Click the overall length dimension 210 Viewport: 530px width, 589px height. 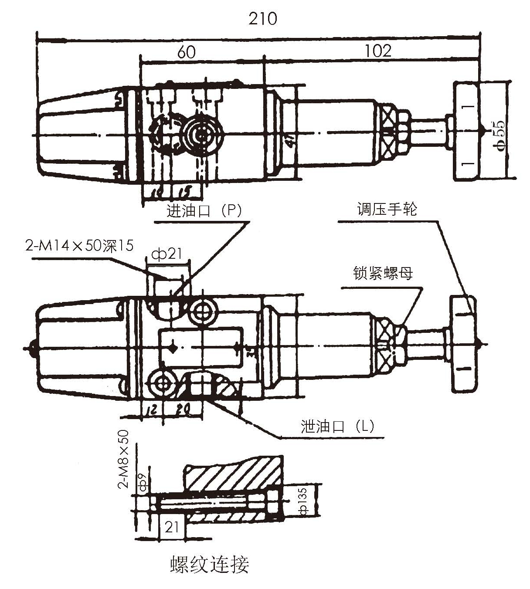point(262,19)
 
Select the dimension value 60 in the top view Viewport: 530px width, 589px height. point(186,52)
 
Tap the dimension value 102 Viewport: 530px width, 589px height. point(378,51)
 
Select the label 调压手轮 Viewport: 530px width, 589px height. point(387,210)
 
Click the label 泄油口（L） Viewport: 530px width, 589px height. point(337,426)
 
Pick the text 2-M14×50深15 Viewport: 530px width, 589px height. point(79,246)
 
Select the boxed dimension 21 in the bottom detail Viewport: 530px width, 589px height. point(172,527)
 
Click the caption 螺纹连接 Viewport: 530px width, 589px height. point(209,565)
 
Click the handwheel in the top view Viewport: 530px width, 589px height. point(465,131)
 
